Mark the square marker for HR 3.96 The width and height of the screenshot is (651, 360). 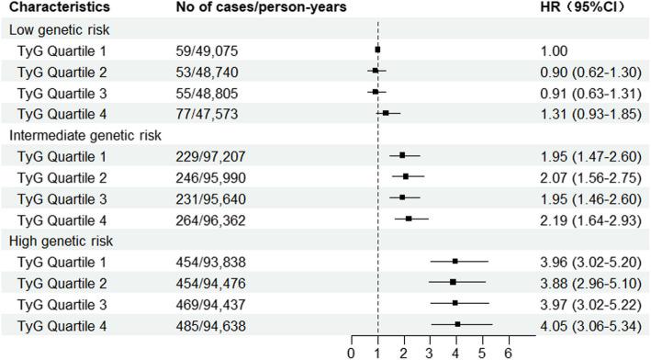tap(455, 262)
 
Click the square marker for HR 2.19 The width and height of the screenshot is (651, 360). tap(409, 219)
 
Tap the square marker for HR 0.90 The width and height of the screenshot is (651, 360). tap(375, 71)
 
